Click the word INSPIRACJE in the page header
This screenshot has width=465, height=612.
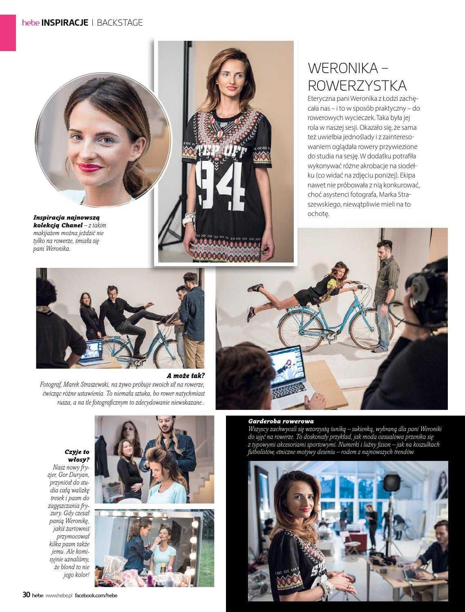(x=65, y=22)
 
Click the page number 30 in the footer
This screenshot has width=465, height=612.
(x=26, y=595)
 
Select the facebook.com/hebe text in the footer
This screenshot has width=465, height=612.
(x=96, y=595)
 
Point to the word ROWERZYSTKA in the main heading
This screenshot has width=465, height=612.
(x=357, y=85)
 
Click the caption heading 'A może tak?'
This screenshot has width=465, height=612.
(x=186, y=376)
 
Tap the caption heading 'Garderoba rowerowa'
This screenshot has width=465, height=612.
(x=281, y=421)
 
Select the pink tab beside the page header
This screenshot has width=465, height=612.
(x=8, y=33)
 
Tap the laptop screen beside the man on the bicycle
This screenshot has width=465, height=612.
(x=91, y=351)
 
